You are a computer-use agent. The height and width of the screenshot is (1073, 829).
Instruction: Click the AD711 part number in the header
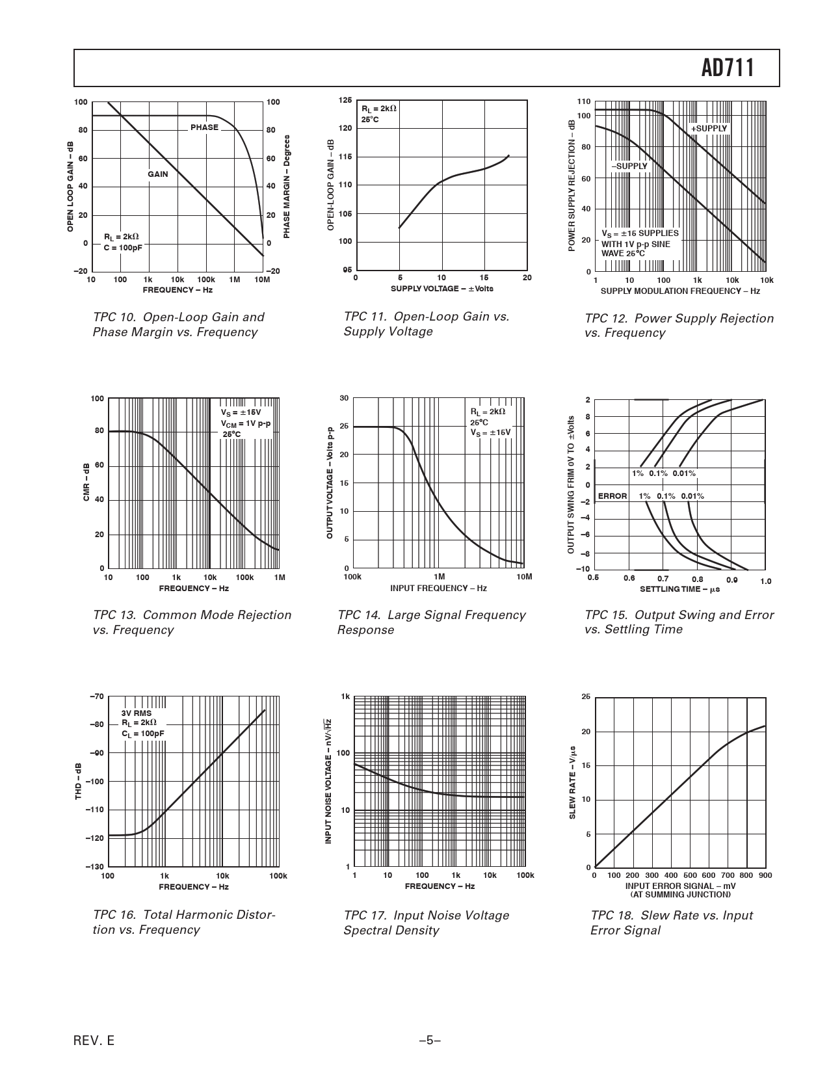728,68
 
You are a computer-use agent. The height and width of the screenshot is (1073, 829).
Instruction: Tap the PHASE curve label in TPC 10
204,127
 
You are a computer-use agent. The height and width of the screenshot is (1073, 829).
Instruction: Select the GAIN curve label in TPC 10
157,174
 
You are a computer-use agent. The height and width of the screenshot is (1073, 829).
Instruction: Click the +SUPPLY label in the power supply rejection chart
709,129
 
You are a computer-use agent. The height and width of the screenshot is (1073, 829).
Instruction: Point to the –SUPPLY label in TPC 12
629,166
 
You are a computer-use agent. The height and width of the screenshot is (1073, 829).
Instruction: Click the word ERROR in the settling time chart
612,496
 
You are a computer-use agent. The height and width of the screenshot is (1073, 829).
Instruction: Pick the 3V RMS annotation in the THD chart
137,713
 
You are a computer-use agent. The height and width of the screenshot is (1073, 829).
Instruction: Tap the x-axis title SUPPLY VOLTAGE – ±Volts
441,288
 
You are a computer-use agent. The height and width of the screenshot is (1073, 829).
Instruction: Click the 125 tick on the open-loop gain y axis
345,100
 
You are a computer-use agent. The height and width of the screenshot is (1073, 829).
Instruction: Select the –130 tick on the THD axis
94,867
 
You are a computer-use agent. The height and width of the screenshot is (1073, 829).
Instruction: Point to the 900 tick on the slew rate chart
765,875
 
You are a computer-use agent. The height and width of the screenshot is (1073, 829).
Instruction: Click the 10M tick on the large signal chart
524,577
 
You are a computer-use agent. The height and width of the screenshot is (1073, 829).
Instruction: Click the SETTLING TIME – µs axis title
679,589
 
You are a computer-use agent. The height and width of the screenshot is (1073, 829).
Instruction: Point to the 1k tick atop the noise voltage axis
346,696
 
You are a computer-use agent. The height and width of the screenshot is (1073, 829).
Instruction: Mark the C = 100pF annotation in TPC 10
122,248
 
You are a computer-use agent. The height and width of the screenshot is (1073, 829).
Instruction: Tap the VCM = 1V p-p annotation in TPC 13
246,424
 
